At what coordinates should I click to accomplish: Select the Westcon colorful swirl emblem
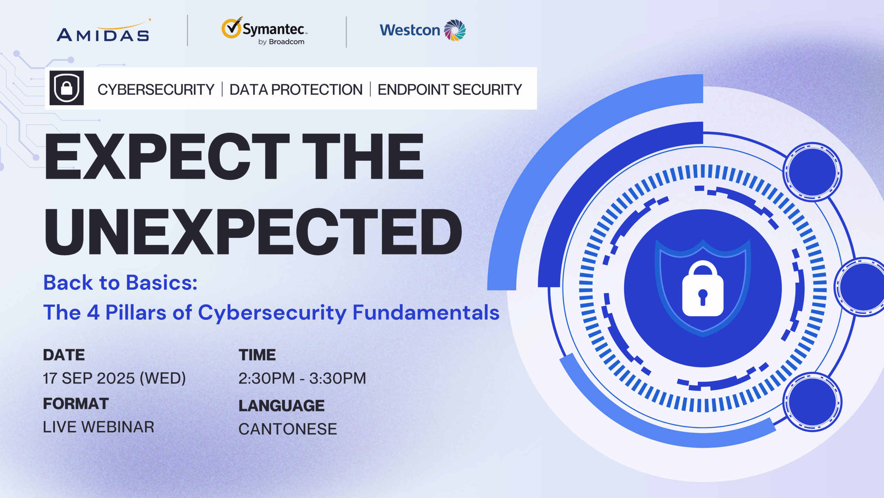click(455, 30)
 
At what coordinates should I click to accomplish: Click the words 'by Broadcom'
click(281, 42)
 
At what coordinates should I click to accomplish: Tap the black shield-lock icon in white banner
click(67, 88)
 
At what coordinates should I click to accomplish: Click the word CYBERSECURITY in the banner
click(156, 90)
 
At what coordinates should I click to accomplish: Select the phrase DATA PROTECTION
click(296, 90)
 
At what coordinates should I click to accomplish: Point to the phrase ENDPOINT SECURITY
click(450, 90)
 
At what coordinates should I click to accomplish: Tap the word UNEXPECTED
click(253, 231)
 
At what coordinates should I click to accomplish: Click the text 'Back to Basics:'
click(120, 283)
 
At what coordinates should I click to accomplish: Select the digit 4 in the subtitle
click(93, 313)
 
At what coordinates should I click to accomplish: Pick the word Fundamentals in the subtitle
click(426, 313)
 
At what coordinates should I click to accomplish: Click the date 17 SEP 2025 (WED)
click(114, 378)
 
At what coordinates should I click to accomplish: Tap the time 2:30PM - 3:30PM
click(302, 378)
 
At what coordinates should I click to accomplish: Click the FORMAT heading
click(76, 404)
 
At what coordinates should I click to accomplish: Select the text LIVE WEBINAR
click(98, 427)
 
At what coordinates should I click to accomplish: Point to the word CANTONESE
click(288, 429)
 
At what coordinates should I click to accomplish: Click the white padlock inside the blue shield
click(703, 288)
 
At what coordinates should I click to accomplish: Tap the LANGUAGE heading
click(281, 406)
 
